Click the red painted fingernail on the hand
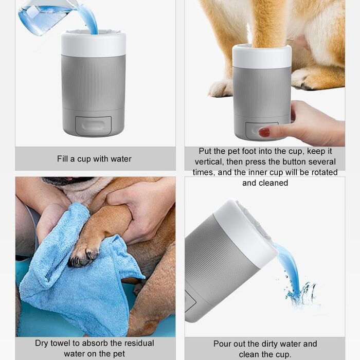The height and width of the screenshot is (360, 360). (x=264, y=132)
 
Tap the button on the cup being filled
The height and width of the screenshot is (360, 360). (x=94, y=125)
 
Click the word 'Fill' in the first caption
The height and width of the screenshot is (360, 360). (x=62, y=158)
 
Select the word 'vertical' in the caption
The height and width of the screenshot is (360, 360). (x=209, y=162)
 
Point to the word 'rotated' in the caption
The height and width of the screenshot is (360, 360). (x=325, y=172)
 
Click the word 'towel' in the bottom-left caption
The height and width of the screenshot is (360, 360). (x=60, y=343)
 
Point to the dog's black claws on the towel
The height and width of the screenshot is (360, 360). (x=84, y=257)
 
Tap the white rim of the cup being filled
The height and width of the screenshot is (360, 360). (x=94, y=44)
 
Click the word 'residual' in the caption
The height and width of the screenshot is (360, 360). (x=139, y=343)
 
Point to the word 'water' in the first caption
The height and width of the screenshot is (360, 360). (x=121, y=158)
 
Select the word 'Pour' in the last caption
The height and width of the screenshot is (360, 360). (x=222, y=344)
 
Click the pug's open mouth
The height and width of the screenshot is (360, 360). (x=69, y=179)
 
